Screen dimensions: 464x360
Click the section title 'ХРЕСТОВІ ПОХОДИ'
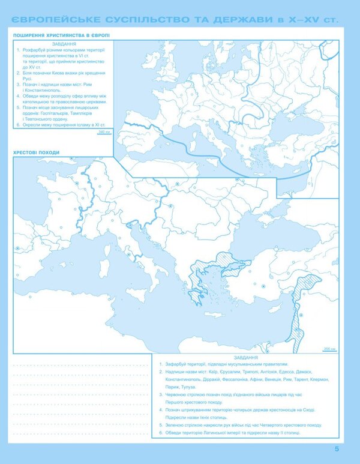(x=36, y=152)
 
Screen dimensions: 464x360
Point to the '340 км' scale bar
(x=104, y=132)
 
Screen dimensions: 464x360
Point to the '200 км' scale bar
(x=329, y=349)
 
